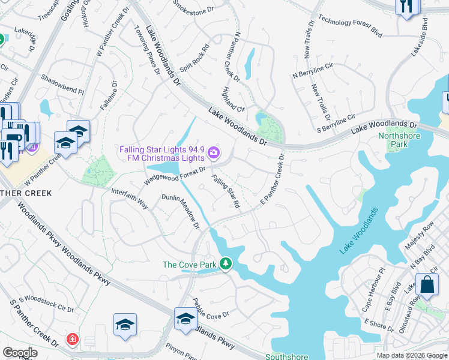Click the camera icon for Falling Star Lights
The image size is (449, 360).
tap(213, 154)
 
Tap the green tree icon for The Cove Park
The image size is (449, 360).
tap(225, 264)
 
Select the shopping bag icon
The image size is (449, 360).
tap(427, 285)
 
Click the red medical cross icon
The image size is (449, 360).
tap(73, 340)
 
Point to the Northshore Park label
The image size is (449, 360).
tap(400, 140)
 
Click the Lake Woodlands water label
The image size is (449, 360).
tap(360, 231)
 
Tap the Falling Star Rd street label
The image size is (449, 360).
tap(226, 191)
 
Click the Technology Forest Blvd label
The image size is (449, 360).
tap(350, 23)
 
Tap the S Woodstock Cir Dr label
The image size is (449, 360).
tap(46, 304)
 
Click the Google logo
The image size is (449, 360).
tap(20, 353)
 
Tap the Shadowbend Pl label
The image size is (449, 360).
tap(62, 85)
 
